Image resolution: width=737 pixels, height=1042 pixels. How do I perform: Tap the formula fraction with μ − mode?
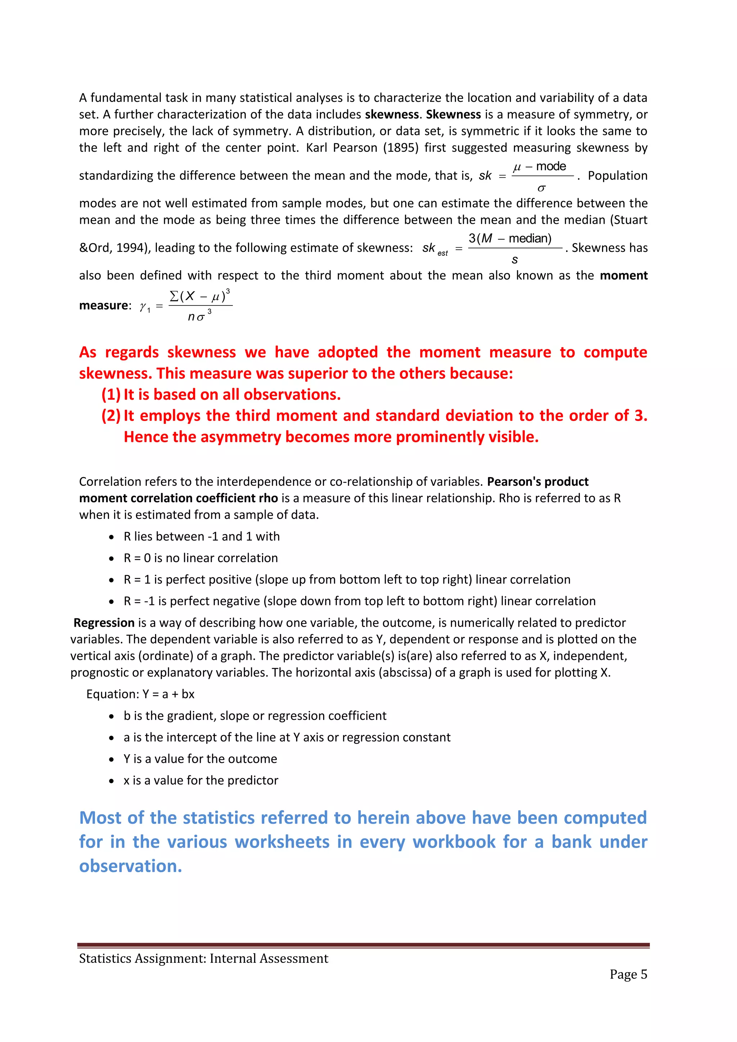542,176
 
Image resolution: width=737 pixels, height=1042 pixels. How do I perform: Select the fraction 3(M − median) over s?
515,248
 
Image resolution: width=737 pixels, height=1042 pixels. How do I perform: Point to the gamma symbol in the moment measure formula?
144,307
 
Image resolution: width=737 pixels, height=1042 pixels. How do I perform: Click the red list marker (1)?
111,395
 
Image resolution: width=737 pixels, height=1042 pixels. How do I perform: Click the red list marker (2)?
111,416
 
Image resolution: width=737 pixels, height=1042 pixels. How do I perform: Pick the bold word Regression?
104,623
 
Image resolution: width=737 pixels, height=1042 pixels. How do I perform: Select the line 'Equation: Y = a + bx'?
140,694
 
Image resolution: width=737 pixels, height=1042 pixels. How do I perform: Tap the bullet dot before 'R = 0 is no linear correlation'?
112,559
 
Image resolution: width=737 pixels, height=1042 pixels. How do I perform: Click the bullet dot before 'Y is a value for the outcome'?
112,759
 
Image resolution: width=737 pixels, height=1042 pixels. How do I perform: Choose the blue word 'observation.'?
131,866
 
